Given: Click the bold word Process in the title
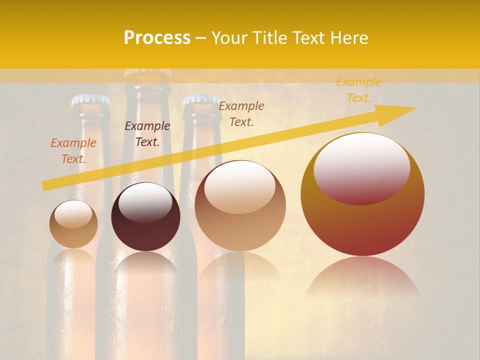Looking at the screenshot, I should pos(157,38).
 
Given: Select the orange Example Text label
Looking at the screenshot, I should pos(73,150).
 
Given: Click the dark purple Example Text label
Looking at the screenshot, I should pos(147,133).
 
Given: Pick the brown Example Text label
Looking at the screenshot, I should pos(241,113).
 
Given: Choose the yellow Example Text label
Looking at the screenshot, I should pos(359,89).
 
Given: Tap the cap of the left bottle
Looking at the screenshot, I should pos(90,100).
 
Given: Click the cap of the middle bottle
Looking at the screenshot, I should pos(147,73).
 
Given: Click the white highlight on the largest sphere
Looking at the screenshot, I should pos(362,162).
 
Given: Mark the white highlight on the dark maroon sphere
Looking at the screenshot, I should pos(145,201).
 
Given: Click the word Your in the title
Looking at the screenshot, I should pos(229,38).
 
